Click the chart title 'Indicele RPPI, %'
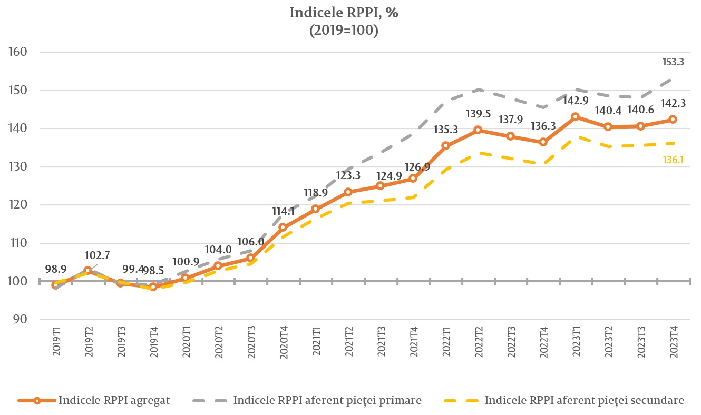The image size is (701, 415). (x=344, y=13)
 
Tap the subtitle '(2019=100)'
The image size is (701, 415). (x=344, y=31)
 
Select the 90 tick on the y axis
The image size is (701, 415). (x=20, y=320)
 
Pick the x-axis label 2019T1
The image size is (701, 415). (x=56, y=343)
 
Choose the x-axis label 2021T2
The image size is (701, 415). (x=348, y=343)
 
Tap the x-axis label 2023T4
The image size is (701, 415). (x=673, y=343)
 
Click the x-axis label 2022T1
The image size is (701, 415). (x=446, y=343)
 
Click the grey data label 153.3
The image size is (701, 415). (x=673, y=62)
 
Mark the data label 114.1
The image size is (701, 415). (x=284, y=211)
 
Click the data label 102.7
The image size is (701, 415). (x=97, y=255)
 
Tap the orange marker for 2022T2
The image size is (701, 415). (x=478, y=130)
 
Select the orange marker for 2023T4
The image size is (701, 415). (x=673, y=120)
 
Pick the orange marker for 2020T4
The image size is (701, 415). (x=283, y=228)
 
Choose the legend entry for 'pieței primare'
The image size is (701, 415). (x=327, y=400)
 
